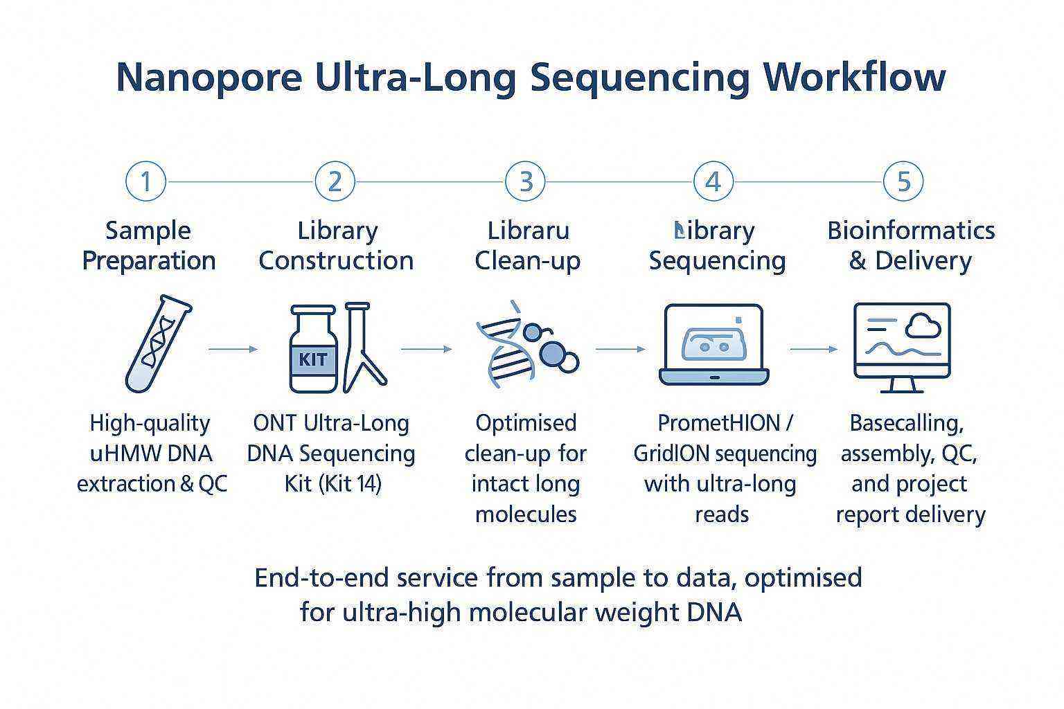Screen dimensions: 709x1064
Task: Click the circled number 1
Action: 146,181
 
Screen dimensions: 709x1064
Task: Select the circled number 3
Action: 526,181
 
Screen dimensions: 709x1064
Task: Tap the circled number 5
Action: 904,181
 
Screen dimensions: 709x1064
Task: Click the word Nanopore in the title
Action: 209,77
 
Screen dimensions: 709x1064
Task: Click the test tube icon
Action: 158,343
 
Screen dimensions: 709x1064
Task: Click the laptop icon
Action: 713,345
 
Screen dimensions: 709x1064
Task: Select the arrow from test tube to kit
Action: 233,350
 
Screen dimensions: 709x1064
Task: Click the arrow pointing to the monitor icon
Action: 813,350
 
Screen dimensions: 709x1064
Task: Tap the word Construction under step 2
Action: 336,261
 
